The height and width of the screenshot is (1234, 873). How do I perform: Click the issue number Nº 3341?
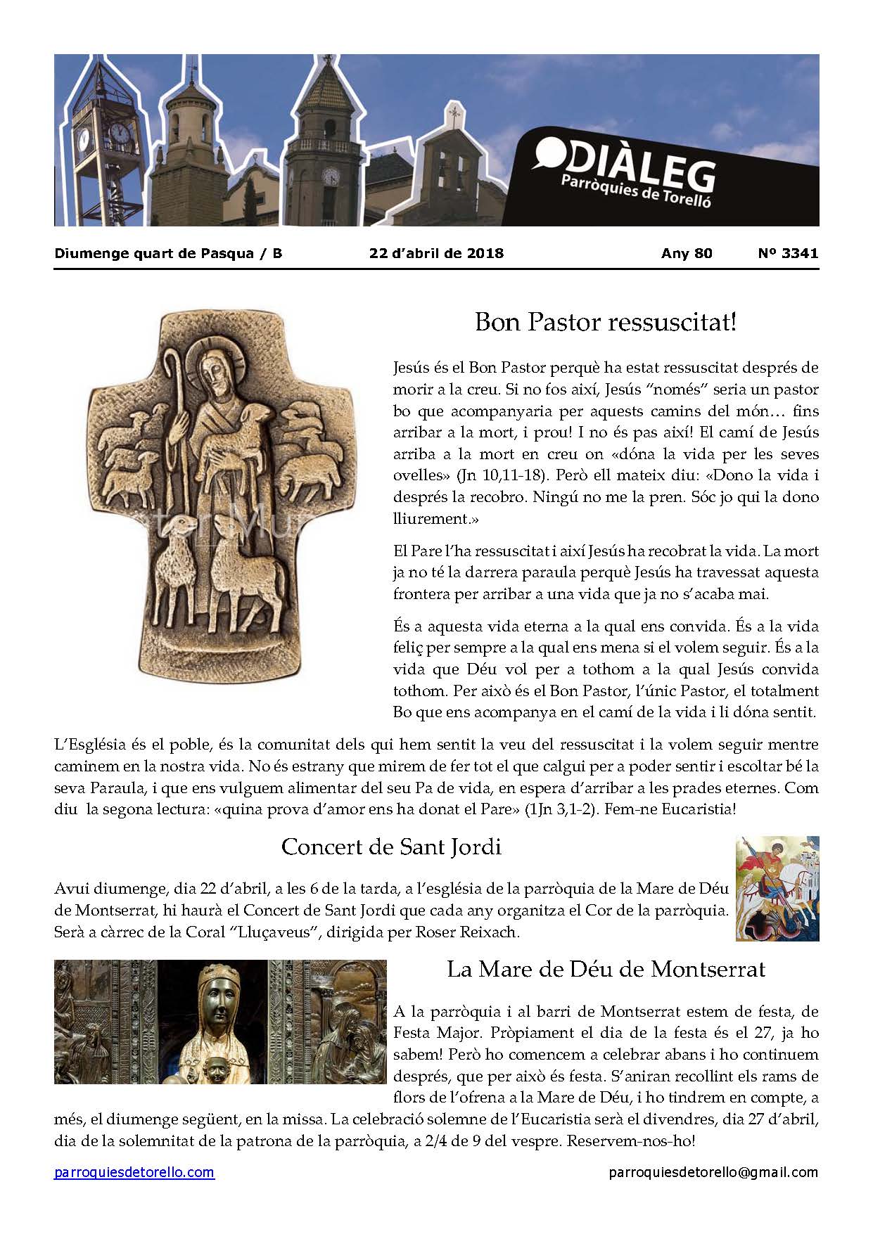tap(788, 253)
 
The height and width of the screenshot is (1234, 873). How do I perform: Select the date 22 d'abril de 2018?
tap(436, 253)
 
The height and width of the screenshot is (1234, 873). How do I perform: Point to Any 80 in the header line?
tap(686, 253)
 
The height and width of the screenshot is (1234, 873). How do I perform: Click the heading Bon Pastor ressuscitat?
tap(606, 322)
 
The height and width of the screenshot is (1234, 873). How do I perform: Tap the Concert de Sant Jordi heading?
tap(391, 847)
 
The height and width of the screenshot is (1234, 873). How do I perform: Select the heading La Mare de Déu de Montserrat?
tap(606, 970)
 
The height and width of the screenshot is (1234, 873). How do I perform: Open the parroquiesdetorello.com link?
tap(134, 1172)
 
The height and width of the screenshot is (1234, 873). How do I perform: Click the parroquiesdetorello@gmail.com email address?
tap(713, 1172)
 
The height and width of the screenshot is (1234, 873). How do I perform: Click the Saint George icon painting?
tap(777, 888)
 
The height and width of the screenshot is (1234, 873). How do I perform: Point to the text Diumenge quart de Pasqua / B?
tap(168, 253)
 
